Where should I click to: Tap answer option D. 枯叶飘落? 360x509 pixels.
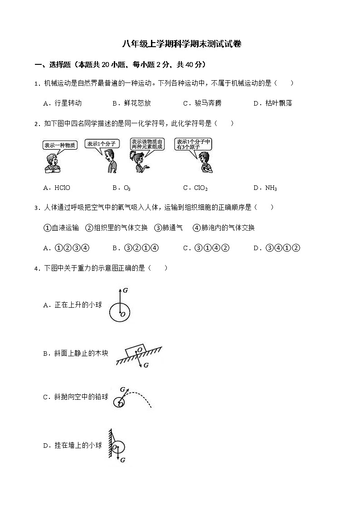point(272,103)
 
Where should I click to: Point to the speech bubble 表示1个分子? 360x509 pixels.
point(102,144)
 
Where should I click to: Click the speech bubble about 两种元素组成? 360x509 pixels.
point(147,144)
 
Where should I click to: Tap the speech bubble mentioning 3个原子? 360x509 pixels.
point(194,144)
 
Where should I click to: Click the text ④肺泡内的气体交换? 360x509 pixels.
point(224,228)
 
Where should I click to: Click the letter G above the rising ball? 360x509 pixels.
point(125,289)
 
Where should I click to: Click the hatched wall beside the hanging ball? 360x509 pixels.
point(110,446)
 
